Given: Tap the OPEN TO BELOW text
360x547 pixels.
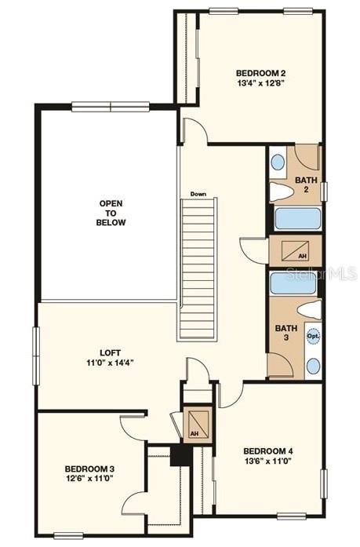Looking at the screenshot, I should [x=112, y=213].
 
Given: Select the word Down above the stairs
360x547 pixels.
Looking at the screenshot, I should [x=198, y=194].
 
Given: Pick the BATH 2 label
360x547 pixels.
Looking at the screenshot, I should [x=307, y=185].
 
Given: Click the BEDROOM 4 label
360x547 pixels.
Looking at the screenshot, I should [x=268, y=450].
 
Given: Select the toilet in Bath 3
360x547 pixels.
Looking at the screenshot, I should [x=309, y=308].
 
